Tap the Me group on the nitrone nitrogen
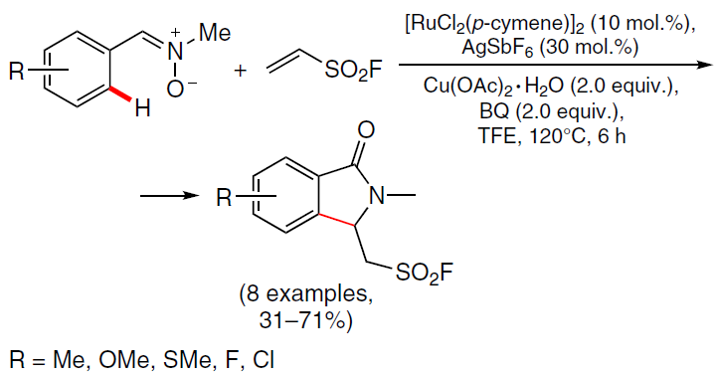click(215, 33)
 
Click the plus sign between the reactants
click(240, 71)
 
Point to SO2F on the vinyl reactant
click(352, 71)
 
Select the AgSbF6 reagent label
click(497, 48)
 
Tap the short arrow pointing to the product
click(170, 196)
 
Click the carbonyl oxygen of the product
click(366, 129)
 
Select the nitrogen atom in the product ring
click(377, 196)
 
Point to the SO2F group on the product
click(425, 273)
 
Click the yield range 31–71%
click(306, 320)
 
